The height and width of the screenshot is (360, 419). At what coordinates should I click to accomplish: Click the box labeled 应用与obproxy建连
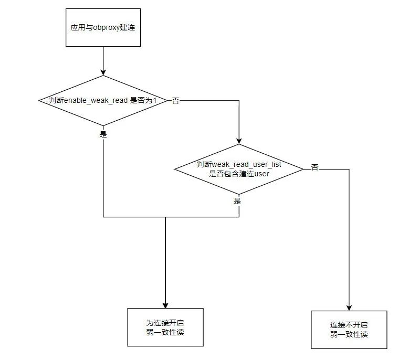(x=103, y=27)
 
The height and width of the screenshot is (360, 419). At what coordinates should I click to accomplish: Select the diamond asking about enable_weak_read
(x=103, y=100)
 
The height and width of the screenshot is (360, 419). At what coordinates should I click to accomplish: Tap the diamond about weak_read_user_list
(x=239, y=169)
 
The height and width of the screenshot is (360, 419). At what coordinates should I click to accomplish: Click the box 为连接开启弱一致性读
(x=165, y=327)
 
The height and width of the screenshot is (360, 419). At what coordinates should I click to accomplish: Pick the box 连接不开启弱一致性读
(x=349, y=330)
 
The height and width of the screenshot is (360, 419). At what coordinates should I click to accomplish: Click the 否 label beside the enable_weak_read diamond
(x=176, y=101)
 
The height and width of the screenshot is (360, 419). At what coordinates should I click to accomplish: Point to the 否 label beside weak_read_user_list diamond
(x=315, y=167)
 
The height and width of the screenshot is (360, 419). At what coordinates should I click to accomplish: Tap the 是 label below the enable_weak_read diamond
(x=103, y=134)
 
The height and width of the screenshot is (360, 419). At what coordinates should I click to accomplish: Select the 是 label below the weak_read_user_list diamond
(x=237, y=201)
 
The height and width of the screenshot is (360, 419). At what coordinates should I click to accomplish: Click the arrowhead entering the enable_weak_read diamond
(x=103, y=72)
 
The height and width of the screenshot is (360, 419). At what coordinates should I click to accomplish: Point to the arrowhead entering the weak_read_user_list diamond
(x=239, y=141)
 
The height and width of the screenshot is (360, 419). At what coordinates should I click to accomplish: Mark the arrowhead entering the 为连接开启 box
(x=165, y=305)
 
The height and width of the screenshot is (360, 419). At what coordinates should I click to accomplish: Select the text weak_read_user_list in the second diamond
(x=246, y=165)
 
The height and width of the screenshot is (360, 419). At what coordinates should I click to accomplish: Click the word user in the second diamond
(x=261, y=174)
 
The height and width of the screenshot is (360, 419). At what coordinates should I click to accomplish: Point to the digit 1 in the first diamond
(x=155, y=100)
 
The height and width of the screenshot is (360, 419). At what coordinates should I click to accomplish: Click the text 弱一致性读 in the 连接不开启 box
(x=349, y=335)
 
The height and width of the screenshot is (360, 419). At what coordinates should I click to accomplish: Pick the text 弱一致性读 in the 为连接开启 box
(x=165, y=333)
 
